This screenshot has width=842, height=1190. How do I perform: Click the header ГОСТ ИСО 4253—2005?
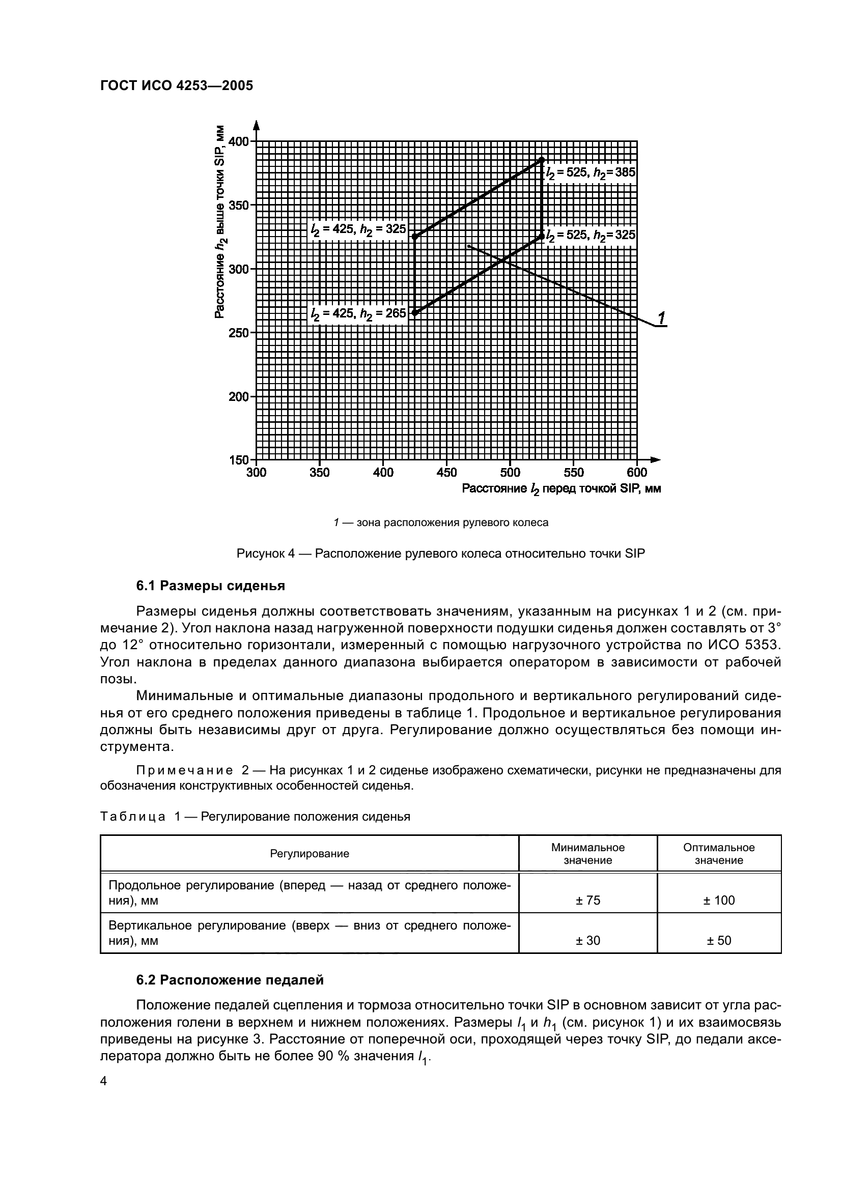(176, 85)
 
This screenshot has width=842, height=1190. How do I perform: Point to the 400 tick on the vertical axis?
(239, 141)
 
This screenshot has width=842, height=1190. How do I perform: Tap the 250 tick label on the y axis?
(239, 333)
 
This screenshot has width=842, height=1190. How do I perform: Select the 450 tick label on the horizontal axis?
(446, 472)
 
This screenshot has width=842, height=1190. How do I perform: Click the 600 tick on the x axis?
(637, 472)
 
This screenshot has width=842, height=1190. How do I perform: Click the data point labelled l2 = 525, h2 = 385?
(542, 159)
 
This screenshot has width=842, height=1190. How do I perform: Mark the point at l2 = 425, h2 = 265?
(415, 312)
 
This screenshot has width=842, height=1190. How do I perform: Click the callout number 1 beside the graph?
(662, 317)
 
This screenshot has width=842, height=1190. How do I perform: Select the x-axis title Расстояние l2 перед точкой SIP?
(561, 489)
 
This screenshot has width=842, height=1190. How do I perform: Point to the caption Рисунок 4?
(440, 554)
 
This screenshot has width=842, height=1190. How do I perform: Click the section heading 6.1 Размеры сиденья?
(211, 586)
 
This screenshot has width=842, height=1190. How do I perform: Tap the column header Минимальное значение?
(587, 854)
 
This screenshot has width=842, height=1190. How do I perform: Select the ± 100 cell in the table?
(719, 901)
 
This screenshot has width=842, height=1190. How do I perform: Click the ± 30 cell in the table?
(587, 940)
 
